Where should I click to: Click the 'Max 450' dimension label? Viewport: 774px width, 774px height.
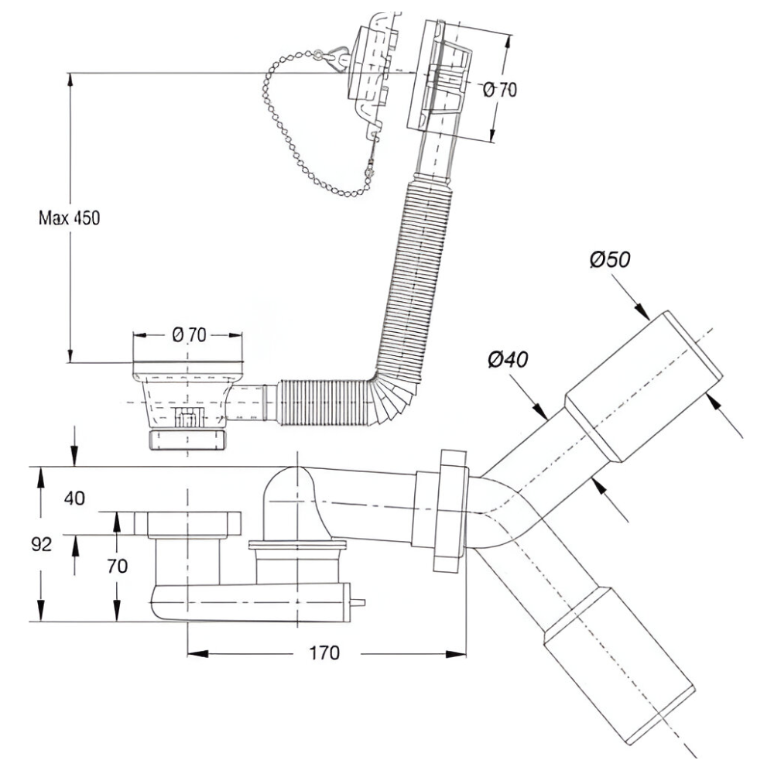69,217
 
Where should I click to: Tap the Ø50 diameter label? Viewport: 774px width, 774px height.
610,259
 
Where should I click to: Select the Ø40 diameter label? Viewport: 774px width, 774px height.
508,359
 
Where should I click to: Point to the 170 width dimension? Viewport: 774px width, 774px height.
324,653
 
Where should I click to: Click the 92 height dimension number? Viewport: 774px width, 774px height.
41,544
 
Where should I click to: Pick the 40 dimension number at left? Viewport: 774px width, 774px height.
74,498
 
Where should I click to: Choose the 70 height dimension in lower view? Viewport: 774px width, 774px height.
118,567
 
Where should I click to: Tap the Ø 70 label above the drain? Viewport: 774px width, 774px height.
189,335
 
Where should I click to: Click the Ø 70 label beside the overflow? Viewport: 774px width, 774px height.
500,90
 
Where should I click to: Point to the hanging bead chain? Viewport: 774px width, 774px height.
316,123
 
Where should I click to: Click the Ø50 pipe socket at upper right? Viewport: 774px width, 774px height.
644,386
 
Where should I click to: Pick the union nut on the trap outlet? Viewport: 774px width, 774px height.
450,510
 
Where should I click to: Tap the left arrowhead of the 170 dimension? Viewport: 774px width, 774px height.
197,654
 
